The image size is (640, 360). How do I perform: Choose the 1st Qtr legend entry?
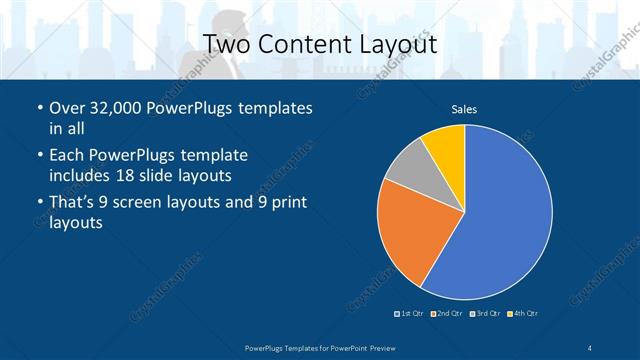pos(411,314)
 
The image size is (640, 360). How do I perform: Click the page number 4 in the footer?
pos(591,346)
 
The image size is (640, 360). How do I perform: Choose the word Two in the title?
pos(228,44)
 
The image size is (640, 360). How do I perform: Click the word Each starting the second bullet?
pos(67,156)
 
